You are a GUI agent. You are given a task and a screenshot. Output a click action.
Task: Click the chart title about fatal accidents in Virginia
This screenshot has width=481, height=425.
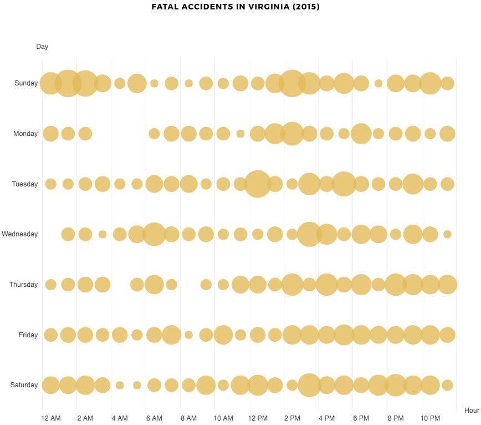point(236,7)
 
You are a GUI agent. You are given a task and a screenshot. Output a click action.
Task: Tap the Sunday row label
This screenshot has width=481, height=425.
point(26,83)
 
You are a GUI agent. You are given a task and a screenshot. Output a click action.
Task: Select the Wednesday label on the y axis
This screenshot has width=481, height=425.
point(20,234)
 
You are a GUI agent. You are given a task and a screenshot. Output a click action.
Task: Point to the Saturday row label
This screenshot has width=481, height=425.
point(24,385)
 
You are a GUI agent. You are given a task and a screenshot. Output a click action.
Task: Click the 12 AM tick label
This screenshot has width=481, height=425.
point(51,418)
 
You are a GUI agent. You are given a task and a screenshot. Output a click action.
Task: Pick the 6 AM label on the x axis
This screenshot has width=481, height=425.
point(154,418)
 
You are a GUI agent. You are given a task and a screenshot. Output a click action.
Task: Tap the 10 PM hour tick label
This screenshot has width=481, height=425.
point(430,418)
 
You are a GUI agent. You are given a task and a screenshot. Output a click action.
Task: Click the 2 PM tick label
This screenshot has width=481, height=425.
point(292,418)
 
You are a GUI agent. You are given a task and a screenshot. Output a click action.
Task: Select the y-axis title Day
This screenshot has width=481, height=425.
point(42,47)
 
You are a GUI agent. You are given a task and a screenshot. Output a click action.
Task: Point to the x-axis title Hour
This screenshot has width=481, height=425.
point(472,411)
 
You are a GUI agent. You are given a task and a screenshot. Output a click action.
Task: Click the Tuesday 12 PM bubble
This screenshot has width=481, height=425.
point(258,184)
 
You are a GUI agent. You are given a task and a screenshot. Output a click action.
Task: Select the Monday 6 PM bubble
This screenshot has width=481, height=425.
point(361,134)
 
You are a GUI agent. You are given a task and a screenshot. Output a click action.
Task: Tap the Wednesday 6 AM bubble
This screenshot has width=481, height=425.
point(154,234)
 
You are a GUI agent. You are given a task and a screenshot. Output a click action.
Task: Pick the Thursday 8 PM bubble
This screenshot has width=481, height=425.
point(396,285)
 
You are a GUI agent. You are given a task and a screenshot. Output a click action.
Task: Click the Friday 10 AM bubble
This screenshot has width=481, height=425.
point(223,335)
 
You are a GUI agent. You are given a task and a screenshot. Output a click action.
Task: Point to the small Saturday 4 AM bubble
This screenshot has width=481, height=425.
point(120,385)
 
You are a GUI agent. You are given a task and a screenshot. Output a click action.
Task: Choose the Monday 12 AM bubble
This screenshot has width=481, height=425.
point(51,134)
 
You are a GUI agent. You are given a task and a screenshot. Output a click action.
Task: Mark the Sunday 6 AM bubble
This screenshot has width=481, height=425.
point(154,83)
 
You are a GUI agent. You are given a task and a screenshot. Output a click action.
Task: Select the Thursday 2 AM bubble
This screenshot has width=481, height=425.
point(85,285)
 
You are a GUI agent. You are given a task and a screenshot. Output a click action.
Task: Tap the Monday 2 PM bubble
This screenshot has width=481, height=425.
point(292,134)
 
